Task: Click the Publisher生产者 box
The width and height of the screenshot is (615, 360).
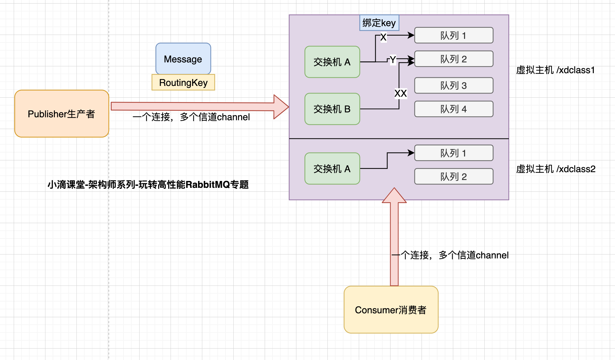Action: (x=61, y=114)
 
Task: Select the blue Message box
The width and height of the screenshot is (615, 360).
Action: (x=183, y=59)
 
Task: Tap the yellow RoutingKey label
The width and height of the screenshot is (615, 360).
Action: (x=183, y=82)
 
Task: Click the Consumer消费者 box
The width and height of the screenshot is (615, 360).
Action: (x=391, y=310)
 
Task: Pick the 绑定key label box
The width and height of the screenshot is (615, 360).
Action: (x=379, y=23)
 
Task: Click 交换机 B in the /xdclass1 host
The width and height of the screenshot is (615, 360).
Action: (x=332, y=109)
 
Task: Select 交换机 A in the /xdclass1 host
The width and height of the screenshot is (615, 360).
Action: (x=332, y=62)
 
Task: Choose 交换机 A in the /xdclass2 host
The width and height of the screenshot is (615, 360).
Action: (x=332, y=169)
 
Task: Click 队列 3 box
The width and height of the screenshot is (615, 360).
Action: (x=454, y=85)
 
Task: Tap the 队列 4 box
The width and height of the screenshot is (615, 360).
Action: (x=454, y=109)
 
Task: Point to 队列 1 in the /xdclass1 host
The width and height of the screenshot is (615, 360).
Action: (x=454, y=35)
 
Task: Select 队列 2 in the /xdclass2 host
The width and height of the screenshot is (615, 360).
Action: (x=454, y=176)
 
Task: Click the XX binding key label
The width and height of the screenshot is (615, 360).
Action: (x=401, y=93)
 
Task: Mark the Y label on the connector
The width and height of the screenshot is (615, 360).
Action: (x=393, y=59)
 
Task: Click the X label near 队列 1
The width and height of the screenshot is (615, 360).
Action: (x=383, y=37)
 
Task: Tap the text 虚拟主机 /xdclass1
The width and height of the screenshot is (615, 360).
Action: (x=555, y=70)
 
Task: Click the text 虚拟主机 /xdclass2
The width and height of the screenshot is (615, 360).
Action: (x=556, y=169)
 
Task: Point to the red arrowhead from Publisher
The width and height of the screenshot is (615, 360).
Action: (x=280, y=107)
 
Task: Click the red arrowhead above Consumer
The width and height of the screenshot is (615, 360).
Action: (x=394, y=196)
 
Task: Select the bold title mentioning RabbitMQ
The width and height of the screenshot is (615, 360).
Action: (x=148, y=185)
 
